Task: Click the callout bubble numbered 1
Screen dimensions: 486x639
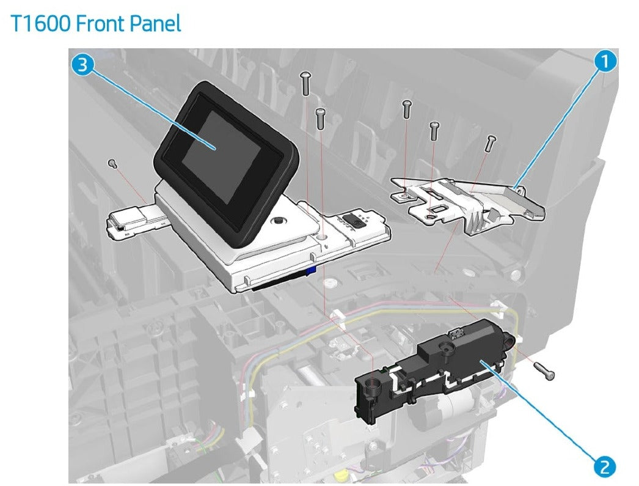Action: (x=605, y=62)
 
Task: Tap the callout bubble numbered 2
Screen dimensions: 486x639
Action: (x=605, y=466)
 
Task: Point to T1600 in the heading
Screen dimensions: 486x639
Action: (x=39, y=24)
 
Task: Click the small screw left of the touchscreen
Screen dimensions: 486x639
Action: (x=112, y=163)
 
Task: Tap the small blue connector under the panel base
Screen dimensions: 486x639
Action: (x=312, y=269)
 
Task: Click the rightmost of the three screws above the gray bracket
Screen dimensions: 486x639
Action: (x=491, y=142)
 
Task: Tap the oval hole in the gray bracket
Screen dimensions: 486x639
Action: (x=436, y=210)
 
